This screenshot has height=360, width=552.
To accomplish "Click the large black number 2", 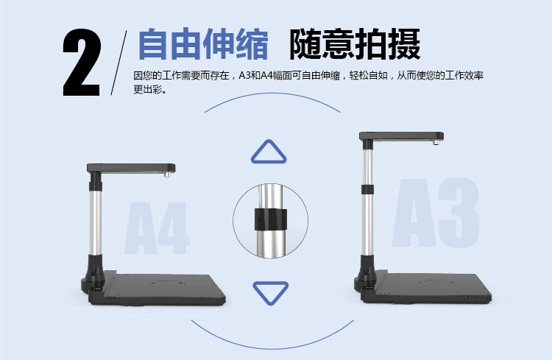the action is (x=82, y=63).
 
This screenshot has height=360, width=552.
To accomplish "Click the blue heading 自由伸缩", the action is (x=203, y=44).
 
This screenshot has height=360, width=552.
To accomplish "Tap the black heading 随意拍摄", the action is (x=355, y=44).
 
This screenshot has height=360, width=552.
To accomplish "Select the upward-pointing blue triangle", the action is (x=269, y=152).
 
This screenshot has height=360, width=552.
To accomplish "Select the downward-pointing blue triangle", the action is (x=270, y=293).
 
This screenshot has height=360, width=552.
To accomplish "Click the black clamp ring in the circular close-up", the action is (x=270, y=219).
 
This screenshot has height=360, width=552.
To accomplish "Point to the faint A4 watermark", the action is (x=157, y=228).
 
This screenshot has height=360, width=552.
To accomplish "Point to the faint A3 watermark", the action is (x=436, y=213).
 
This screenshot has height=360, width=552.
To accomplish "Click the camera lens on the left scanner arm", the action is (x=168, y=174).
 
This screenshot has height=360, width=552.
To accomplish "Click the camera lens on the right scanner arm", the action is (x=436, y=143).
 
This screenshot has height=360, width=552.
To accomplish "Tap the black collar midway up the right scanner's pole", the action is (x=367, y=189).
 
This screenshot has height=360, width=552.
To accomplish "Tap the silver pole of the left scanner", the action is (x=96, y=222).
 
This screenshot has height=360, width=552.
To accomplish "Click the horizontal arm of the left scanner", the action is (x=131, y=168).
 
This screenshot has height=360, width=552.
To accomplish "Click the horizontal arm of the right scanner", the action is (x=401, y=136).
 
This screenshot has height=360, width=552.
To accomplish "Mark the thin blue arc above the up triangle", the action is (x=272, y=93).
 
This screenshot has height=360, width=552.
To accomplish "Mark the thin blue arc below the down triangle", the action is (x=272, y=348).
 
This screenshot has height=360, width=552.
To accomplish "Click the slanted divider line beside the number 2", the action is (x=119, y=63).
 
